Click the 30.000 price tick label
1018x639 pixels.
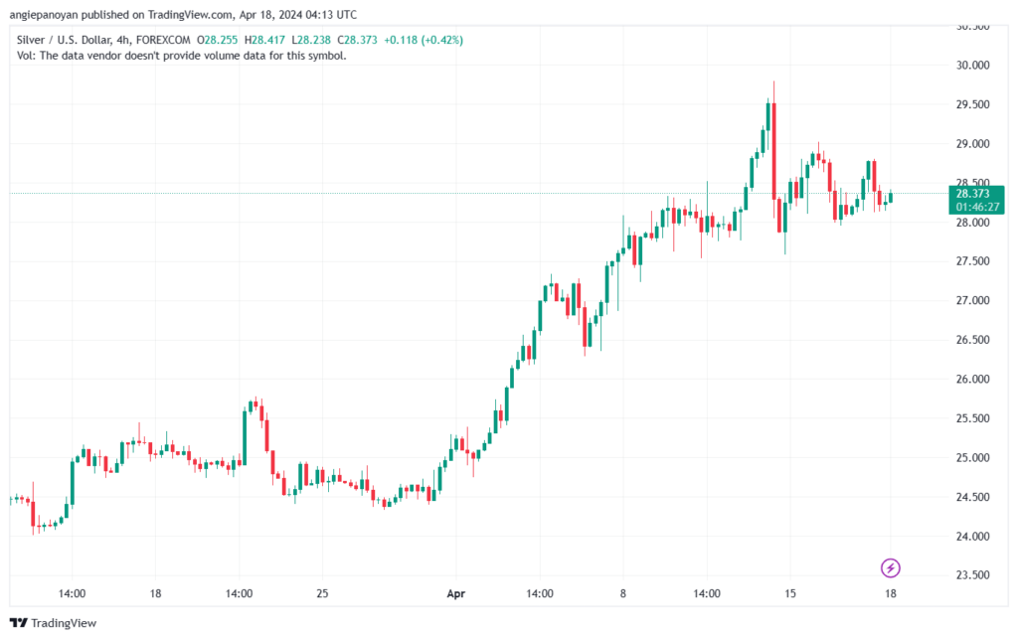(x=972, y=65)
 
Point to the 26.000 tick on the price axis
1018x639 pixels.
(x=972, y=379)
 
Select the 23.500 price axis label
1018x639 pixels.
(x=972, y=575)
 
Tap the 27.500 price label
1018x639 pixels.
(x=972, y=261)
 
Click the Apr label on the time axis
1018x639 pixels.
(x=455, y=593)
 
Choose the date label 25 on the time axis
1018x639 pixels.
(x=322, y=593)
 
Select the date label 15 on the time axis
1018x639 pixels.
(x=789, y=593)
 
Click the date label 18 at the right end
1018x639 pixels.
(x=890, y=593)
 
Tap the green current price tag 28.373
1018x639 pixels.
(x=972, y=194)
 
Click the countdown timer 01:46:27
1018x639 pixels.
(x=977, y=207)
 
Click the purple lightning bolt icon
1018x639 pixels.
(x=890, y=568)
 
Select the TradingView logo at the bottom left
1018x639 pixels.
(x=54, y=623)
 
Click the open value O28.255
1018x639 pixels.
(x=218, y=40)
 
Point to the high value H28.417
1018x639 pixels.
(x=264, y=40)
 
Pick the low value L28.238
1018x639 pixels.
(x=311, y=40)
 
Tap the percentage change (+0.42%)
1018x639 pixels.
(x=442, y=40)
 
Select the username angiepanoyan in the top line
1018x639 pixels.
(x=44, y=15)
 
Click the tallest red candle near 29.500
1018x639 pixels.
(x=773, y=151)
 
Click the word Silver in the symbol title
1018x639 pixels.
(x=30, y=40)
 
